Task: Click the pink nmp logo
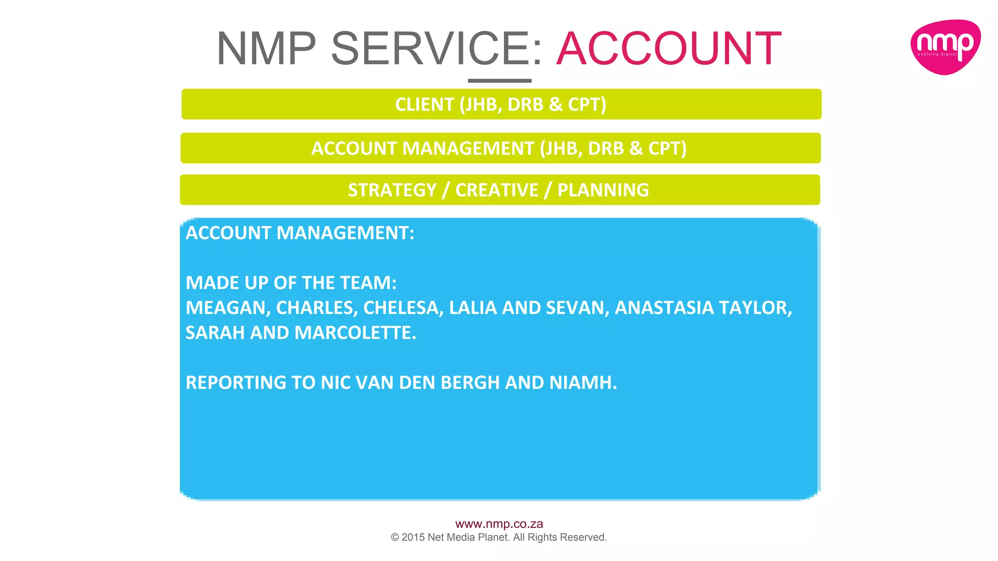[945, 47]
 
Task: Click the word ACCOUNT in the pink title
[669, 49]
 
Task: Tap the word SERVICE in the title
[430, 49]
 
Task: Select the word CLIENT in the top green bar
[424, 105]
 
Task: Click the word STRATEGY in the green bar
[392, 190]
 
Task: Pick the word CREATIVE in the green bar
[497, 190]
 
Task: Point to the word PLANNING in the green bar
[603, 190]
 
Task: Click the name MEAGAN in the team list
[228, 308]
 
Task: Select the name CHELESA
[403, 308]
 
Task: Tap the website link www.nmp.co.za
[499, 524]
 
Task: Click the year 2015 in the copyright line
[413, 537]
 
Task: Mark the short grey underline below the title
[499, 81]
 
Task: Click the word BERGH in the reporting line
[470, 383]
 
